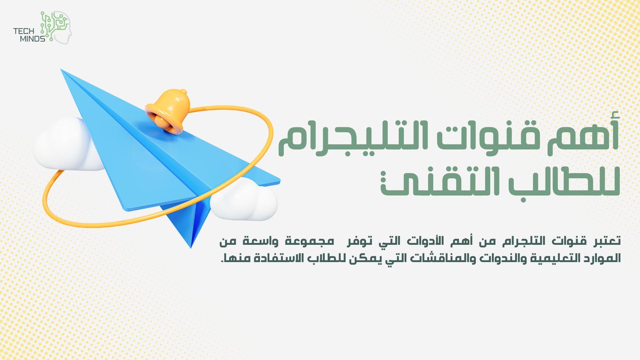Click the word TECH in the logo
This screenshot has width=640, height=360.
coord(25,31)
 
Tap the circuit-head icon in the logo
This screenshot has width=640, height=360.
coord(57,26)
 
